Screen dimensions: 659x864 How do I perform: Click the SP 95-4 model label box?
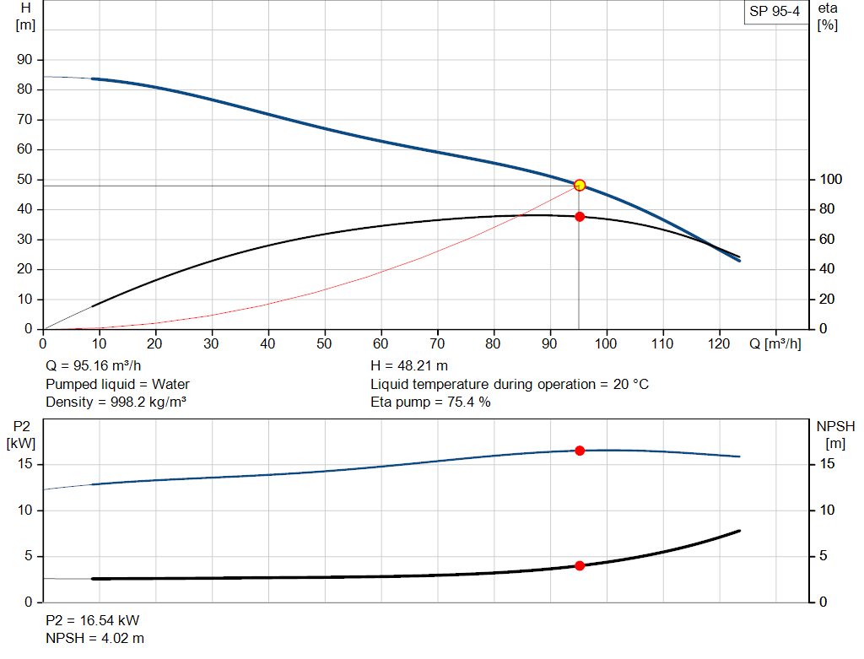click(x=775, y=12)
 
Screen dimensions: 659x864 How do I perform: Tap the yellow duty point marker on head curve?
click(x=580, y=185)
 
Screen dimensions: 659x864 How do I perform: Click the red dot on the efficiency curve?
click(x=580, y=217)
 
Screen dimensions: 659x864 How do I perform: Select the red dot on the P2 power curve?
click(x=580, y=451)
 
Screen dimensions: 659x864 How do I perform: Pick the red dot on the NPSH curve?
click(x=580, y=565)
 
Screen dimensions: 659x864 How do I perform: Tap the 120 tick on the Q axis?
click(x=719, y=344)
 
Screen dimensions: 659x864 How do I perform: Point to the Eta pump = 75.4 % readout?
click(x=430, y=402)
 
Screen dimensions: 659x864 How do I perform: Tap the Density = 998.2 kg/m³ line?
click(x=116, y=402)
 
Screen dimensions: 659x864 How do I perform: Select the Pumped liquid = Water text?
click(x=117, y=385)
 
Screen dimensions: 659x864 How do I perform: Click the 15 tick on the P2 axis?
click(x=25, y=464)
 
